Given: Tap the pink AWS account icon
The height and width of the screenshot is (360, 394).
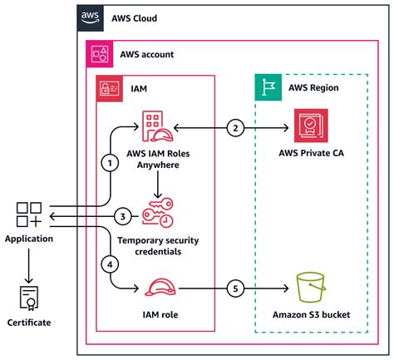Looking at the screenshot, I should [99, 53].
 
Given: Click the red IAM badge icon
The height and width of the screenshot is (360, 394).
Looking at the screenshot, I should [109, 87].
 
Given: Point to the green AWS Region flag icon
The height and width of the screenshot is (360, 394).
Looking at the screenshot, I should [267, 87].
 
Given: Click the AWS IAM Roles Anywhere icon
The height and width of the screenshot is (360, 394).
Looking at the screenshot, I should [156, 127].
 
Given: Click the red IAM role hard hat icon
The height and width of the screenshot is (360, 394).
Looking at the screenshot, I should [156, 288].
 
